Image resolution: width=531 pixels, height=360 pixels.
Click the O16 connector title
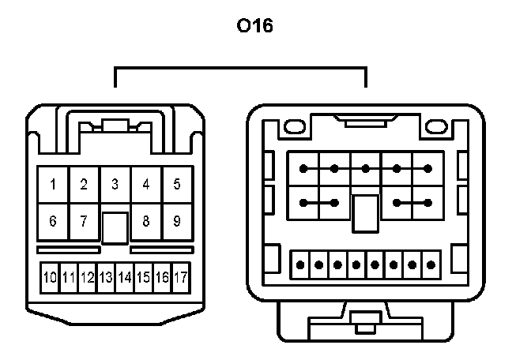point(254,27)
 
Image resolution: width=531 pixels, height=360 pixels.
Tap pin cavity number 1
point(53,185)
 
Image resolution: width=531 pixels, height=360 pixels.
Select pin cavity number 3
point(115,185)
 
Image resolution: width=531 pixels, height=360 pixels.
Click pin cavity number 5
point(177,185)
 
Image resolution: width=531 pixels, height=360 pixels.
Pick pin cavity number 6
point(53,221)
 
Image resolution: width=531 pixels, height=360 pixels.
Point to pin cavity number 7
point(84,221)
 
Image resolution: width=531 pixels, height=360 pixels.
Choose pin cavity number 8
point(146,221)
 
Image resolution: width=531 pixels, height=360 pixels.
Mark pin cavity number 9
point(177,221)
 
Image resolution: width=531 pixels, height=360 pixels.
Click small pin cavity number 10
point(50,278)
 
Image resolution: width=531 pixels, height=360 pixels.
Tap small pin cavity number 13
point(106,278)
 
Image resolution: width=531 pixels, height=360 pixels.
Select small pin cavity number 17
point(181,278)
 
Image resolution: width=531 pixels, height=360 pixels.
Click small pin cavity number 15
point(143,278)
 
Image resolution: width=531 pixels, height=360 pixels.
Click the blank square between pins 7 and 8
point(115,227)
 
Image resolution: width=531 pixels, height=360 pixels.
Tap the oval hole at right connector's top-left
point(294,126)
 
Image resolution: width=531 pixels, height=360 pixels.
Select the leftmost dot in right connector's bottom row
point(300,264)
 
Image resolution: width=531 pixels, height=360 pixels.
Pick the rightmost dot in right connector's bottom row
point(431,264)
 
